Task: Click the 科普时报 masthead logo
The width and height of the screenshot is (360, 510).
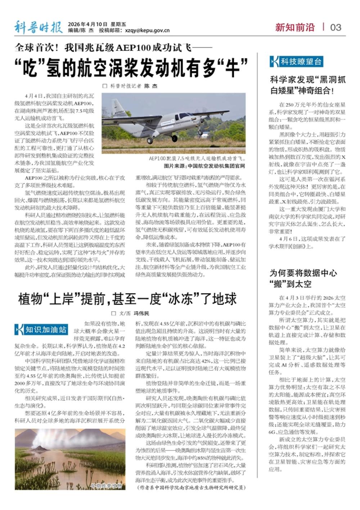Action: [x=38, y=27]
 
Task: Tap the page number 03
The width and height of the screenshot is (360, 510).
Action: [x=336, y=27]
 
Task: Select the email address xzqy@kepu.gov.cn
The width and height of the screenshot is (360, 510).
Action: [x=147, y=31]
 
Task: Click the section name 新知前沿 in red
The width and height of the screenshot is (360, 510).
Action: [x=295, y=27]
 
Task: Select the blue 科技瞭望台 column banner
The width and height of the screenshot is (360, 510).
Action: [x=296, y=62]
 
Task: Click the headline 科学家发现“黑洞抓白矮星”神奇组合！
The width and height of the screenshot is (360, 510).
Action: [x=307, y=85]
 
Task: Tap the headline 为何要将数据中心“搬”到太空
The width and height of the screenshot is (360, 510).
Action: [x=298, y=278]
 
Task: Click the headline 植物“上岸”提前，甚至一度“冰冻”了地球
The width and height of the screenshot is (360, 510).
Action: [x=127, y=299]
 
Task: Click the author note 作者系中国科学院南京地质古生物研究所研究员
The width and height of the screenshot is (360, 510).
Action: [x=191, y=487]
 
